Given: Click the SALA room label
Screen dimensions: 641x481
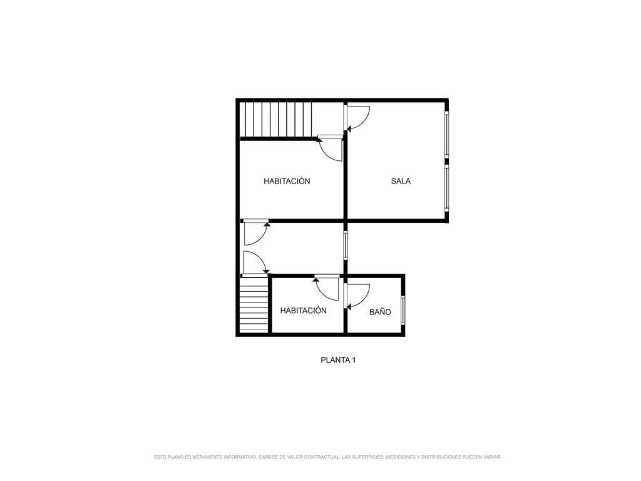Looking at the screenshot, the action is coord(401,181).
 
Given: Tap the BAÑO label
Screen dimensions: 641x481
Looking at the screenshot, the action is coord(380,312).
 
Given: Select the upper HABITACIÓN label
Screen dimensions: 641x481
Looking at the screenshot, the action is coord(287,181).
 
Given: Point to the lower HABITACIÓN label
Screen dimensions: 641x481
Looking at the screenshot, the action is coord(304,311).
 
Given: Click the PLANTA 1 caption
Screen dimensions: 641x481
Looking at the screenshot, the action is coord(338,360).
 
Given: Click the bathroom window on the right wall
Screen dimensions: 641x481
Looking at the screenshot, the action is coord(403,309).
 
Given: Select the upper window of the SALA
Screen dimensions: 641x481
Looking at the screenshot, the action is coord(446,135).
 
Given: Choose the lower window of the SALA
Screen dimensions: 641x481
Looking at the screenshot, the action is coord(446,188).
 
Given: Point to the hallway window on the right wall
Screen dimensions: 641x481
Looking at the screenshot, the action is coord(346,246).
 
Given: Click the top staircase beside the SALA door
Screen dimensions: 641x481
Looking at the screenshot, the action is coord(276,119).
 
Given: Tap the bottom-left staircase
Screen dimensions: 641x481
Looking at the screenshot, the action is coord(254,304).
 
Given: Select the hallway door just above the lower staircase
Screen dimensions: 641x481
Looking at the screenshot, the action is coord(254,263).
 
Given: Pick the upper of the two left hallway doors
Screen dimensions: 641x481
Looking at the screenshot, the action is coord(255,232).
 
